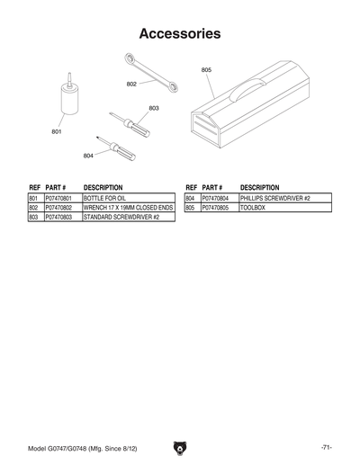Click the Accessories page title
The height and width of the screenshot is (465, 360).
[x=180, y=34]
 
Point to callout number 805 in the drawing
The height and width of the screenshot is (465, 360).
[x=206, y=69]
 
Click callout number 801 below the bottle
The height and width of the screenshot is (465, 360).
[x=56, y=132]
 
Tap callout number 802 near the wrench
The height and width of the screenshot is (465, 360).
[x=131, y=84]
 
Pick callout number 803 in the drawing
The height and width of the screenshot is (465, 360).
[x=154, y=108]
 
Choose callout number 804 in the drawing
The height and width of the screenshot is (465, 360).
[x=88, y=156]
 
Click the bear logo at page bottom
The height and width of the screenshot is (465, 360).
[x=181, y=448]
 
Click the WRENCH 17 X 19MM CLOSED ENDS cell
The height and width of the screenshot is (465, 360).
[x=127, y=208]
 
